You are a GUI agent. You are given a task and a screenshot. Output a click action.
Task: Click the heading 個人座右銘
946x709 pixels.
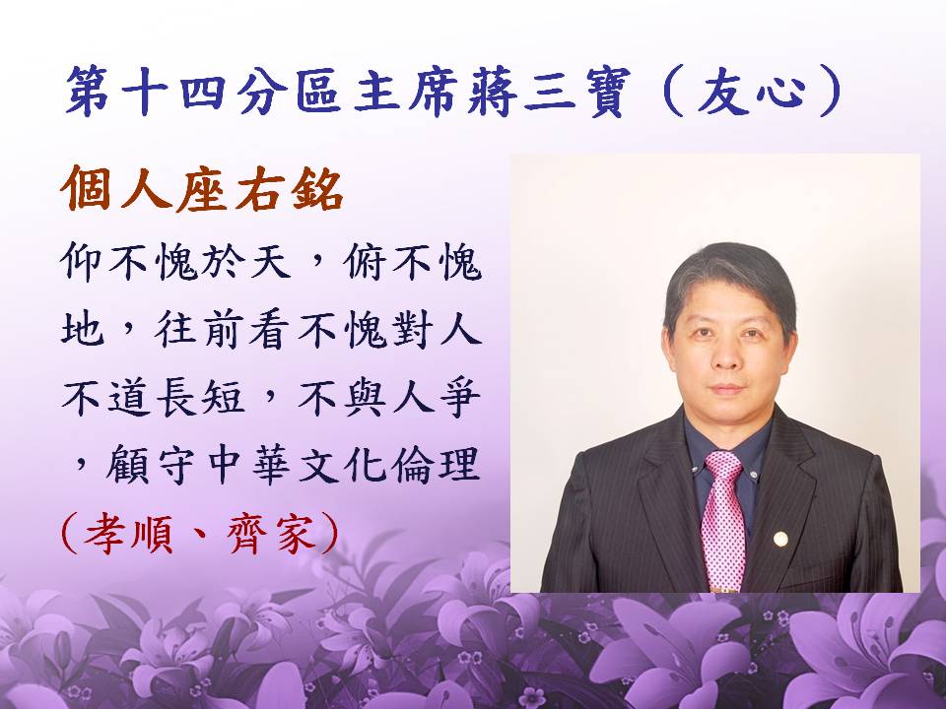(202, 188)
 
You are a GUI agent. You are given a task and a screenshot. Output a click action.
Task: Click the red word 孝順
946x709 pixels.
(128, 534)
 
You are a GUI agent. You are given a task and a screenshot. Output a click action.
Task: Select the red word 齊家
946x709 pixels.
(272, 534)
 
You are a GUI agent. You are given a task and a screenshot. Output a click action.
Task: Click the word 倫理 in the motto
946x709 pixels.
(436, 464)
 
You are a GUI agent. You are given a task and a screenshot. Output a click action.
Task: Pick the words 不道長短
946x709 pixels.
(153, 397)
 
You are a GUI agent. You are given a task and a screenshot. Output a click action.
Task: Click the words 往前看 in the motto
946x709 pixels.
(227, 331)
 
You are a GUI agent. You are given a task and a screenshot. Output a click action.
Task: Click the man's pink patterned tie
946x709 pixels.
(722, 520)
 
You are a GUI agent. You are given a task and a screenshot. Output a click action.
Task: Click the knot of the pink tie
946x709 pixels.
(723, 466)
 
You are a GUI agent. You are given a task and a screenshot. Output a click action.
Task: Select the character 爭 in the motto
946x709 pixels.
(460, 397)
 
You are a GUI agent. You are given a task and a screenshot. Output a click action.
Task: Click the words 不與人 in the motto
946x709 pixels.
(366, 397)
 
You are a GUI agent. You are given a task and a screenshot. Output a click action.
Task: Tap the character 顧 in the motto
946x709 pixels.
(127, 464)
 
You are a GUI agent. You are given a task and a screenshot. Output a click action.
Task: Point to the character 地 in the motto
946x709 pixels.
(82, 331)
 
